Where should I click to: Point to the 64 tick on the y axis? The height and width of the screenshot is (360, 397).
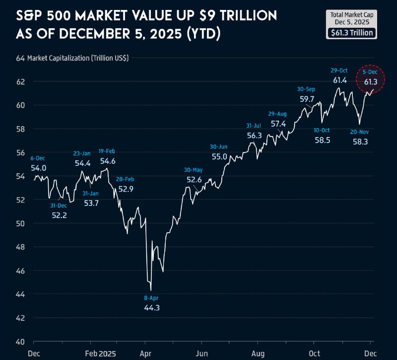[20, 58]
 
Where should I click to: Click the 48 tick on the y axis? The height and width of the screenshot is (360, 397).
[20, 247]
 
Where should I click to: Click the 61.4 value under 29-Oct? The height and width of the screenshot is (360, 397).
[339, 80]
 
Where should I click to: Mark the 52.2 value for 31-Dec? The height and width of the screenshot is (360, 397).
[60, 215]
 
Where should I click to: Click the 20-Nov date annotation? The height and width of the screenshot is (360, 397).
[360, 132]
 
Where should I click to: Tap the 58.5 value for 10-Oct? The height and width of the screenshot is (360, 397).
[322, 140]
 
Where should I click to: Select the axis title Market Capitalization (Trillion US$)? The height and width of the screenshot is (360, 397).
[78, 58]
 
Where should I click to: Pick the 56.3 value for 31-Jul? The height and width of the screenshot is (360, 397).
[254, 135]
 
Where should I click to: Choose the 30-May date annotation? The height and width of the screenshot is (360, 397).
[194, 170]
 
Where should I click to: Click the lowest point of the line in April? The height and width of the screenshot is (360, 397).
[150, 290]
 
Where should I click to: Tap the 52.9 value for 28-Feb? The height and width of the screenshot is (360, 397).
[125, 189]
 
